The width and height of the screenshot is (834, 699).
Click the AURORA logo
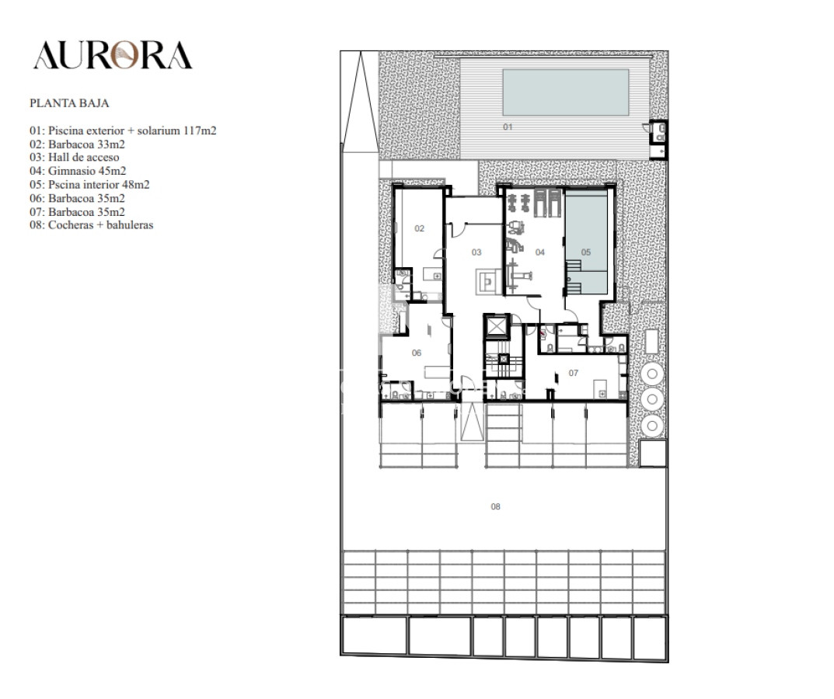click(113, 55)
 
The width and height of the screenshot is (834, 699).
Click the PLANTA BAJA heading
click(69, 103)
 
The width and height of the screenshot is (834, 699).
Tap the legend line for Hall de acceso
click(75, 158)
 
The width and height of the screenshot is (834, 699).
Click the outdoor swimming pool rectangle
click(565, 92)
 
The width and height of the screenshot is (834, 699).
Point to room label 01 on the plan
click(508, 127)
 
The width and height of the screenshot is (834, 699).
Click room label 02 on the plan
click(420, 228)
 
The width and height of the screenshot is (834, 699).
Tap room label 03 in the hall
click(476, 252)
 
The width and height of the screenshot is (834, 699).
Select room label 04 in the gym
click(539, 252)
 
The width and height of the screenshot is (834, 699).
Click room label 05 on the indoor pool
click(586, 252)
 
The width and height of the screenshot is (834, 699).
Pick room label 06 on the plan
click(417, 353)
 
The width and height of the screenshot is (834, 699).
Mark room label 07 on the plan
click(574, 373)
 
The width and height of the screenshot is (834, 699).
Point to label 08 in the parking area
click(495, 506)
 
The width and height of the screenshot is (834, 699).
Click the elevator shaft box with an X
click(495, 327)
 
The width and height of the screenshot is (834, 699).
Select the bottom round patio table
click(653, 424)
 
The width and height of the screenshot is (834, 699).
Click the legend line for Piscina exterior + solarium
click(123, 130)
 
